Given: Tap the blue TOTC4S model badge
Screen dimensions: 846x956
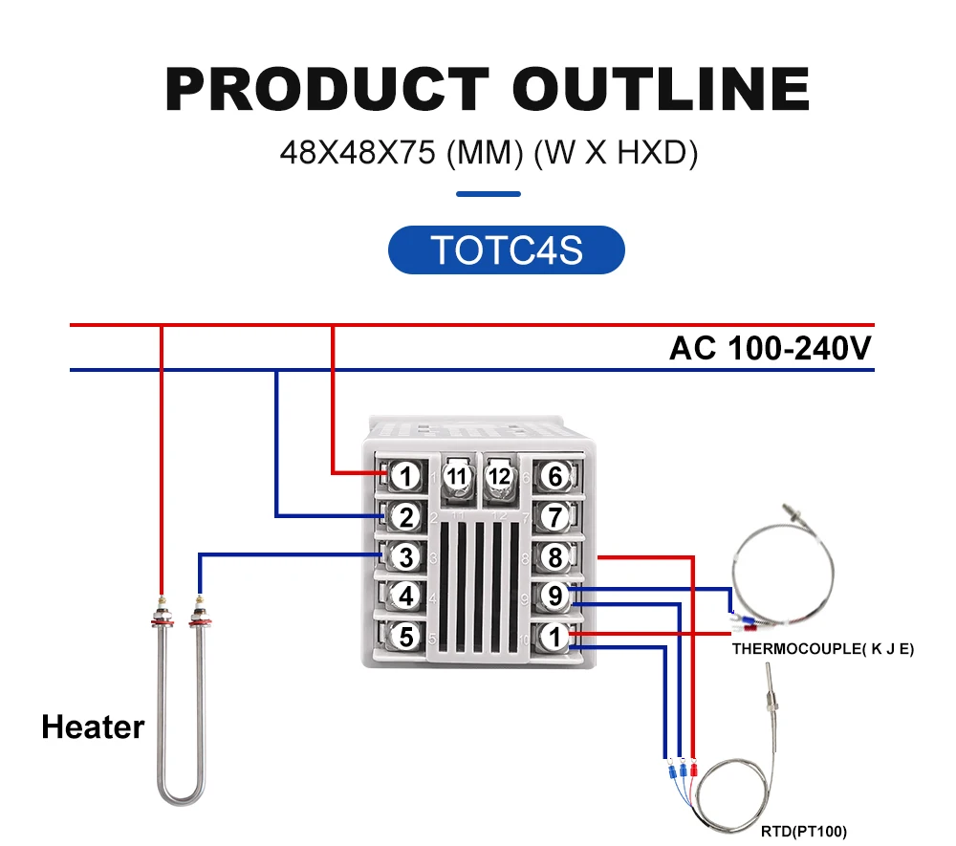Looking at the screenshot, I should point(506,250).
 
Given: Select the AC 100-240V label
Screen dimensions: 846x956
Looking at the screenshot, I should point(770,349).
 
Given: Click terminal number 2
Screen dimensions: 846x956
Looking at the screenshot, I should point(406,518).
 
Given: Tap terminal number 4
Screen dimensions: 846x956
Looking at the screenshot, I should point(406,597).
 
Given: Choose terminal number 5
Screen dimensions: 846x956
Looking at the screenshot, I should point(406,636).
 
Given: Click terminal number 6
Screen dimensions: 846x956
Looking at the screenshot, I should point(554,475).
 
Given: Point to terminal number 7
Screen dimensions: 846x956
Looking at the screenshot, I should point(554,518).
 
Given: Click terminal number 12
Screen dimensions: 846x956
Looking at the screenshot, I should point(499,475).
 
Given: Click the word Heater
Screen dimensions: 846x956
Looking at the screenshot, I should point(93,727).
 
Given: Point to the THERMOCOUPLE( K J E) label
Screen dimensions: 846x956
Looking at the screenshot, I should point(823,649).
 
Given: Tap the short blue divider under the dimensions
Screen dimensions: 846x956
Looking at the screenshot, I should point(489,194).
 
